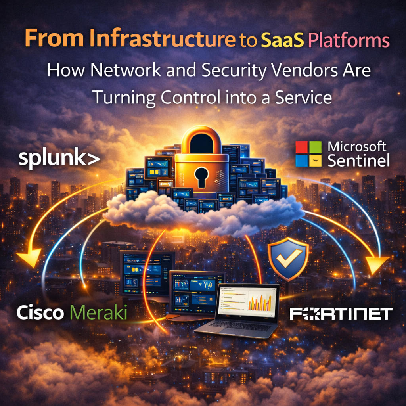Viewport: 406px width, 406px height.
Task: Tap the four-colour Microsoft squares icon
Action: click(x=308, y=154)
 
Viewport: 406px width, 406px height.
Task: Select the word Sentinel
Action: click(x=359, y=161)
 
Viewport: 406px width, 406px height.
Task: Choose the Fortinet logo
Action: click(x=341, y=314)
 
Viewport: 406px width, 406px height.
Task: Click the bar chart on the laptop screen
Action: click(x=260, y=303)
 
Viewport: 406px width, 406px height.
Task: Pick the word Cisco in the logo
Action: click(x=40, y=313)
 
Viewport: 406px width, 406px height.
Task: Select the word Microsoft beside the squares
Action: click(x=357, y=147)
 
